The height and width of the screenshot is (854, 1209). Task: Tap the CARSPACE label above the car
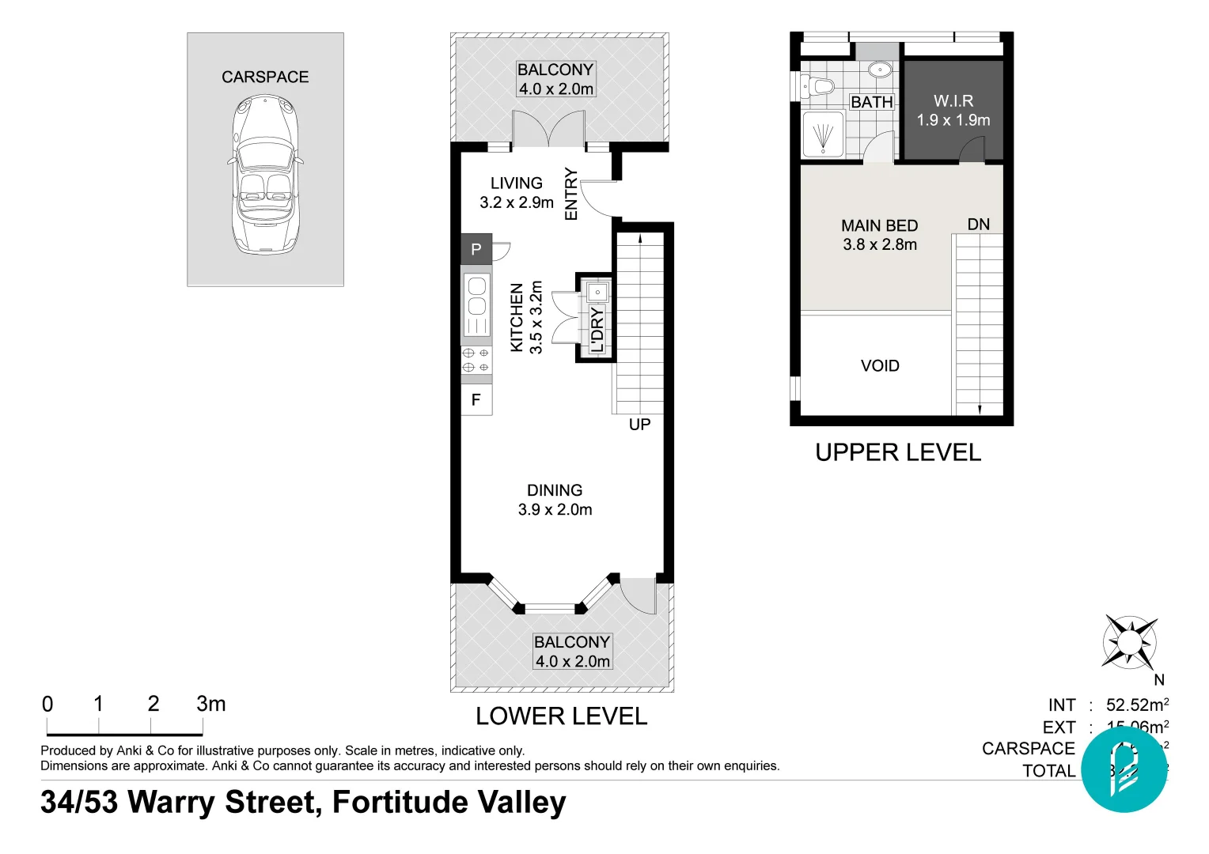click(265, 77)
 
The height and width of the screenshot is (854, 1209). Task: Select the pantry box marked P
click(476, 249)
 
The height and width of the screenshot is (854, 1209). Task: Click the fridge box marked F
click(476, 399)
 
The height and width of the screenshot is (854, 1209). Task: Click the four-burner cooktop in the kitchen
click(476, 360)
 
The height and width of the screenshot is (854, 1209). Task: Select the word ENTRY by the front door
click(571, 194)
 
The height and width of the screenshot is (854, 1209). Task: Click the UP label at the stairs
click(639, 425)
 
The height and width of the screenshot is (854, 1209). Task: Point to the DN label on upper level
click(979, 225)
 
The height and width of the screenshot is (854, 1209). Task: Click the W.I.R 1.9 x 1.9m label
click(953, 111)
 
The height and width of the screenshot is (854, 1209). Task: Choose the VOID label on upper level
click(880, 365)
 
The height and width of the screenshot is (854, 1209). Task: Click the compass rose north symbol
click(1130, 640)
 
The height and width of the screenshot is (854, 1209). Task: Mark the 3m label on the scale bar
click(211, 704)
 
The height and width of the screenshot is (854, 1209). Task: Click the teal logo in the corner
click(1124, 769)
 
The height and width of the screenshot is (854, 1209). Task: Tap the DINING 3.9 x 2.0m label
click(555, 500)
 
